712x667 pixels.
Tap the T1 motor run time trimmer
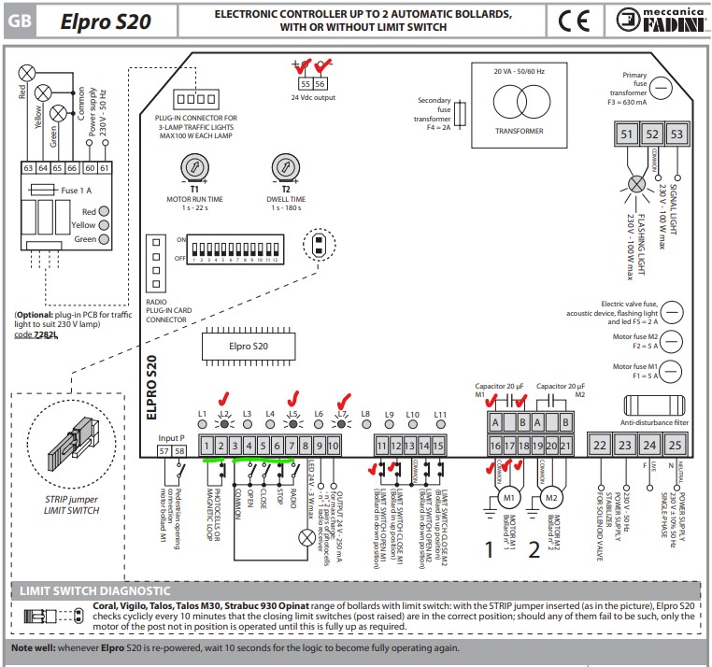pos(194,168)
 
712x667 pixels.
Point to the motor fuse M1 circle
pos(672,372)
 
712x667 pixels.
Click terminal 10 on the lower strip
pos(334,447)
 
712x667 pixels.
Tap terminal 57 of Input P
pos(165,450)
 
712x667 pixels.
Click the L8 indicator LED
pos(366,424)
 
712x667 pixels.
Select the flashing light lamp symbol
pos(636,183)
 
